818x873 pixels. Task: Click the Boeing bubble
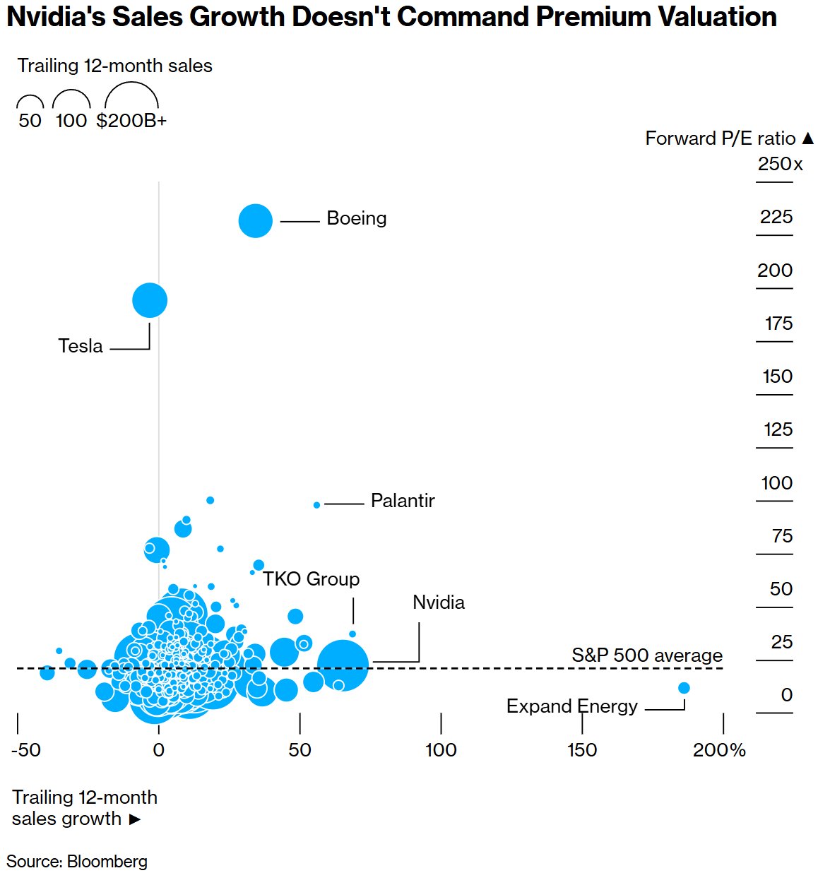[x=255, y=220]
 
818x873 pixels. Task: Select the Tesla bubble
[x=150, y=300]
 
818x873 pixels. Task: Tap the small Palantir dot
[x=316, y=505]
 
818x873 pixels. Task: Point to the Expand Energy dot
[x=684, y=688]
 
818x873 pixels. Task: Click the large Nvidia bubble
[x=343, y=665]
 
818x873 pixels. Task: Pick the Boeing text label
[x=356, y=218]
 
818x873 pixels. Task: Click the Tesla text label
[x=81, y=346]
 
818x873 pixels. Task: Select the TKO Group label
[x=311, y=579]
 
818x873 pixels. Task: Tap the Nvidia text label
[x=439, y=602]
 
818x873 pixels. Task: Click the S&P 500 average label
[x=647, y=655]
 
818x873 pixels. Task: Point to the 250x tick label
[x=780, y=164]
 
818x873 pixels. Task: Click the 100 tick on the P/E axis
[x=776, y=483]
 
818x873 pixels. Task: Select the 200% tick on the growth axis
[x=719, y=750]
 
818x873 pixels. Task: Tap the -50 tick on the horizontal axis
[x=26, y=750]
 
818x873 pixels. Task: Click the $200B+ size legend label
[x=131, y=121]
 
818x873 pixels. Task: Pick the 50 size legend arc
[x=30, y=102]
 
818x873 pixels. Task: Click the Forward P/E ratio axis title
[x=721, y=138]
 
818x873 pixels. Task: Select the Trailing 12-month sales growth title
[x=84, y=807]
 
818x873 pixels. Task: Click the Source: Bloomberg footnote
[x=77, y=862]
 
